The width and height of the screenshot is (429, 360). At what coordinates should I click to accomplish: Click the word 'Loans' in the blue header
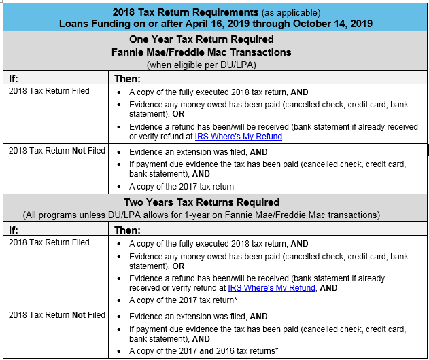coord(74,23)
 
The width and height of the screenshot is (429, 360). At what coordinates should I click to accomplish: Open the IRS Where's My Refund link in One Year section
coord(239,137)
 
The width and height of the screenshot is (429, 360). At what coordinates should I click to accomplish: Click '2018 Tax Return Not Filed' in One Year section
coord(57,151)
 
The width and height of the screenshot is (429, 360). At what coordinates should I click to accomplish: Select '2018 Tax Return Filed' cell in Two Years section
coord(49,242)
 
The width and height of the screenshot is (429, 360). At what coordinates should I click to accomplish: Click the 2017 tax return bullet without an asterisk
coord(182,187)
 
